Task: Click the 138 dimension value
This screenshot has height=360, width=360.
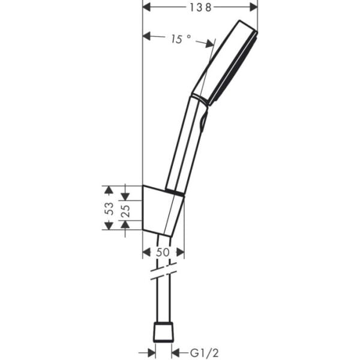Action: [x=200, y=7]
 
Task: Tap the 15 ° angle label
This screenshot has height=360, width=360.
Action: [x=180, y=39]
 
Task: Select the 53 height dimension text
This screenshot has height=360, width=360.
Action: [x=109, y=208]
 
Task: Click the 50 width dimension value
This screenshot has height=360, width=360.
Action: [x=163, y=253]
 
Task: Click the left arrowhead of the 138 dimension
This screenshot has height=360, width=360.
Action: [x=147, y=7]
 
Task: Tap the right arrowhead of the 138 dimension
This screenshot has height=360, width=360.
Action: [x=253, y=7]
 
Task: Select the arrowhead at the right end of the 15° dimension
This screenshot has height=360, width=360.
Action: [x=209, y=43]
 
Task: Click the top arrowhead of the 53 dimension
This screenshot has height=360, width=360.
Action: [x=108, y=190]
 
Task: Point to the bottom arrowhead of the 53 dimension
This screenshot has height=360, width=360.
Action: [x=108, y=226]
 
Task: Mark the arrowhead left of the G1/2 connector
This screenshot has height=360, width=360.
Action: [x=150, y=353]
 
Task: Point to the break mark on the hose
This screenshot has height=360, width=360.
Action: [x=163, y=272]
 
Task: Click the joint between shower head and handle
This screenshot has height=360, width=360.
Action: [x=200, y=98]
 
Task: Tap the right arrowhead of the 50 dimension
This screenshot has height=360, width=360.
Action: [x=180, y=253]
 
